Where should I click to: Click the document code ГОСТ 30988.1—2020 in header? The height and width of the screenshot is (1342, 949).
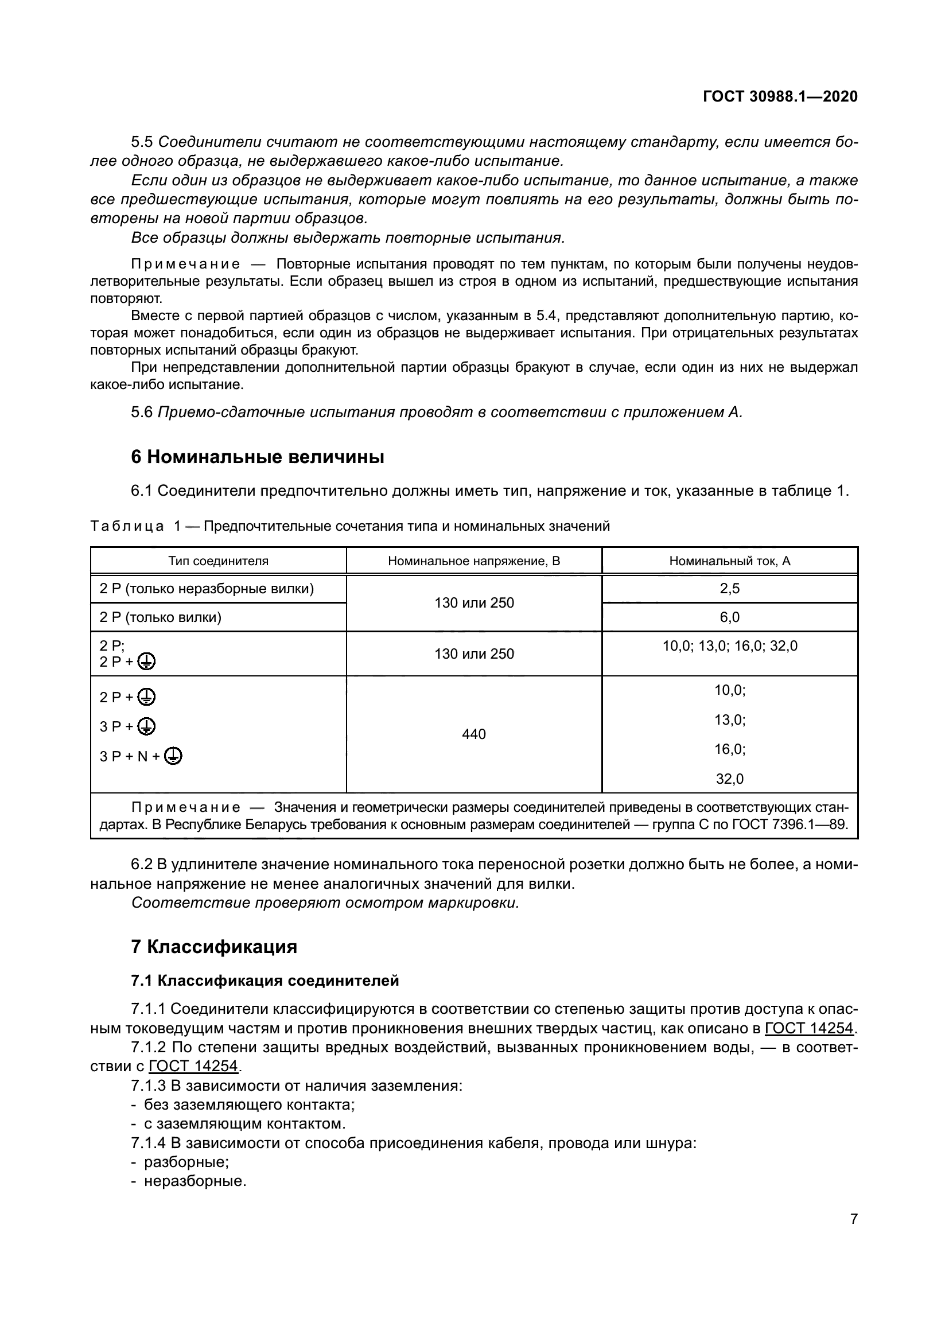point(780,97)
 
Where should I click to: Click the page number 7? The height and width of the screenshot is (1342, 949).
point(854,1219)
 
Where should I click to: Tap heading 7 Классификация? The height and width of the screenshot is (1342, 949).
point(214,946)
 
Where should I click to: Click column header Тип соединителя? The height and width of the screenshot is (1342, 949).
point(218,561)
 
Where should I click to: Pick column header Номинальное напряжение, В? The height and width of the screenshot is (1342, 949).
point(473,561)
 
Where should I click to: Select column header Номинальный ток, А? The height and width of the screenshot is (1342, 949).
point(729,561)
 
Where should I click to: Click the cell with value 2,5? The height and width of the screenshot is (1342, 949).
point(729,589)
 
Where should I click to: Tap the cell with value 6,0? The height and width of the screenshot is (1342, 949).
point(729,617)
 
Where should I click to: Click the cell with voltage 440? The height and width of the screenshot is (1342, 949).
point(473,734)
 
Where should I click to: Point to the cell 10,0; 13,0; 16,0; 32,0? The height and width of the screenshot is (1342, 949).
point(729,646)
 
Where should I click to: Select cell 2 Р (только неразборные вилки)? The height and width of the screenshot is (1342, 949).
point(207,589)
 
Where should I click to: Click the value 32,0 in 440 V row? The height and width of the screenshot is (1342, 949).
point(729,779)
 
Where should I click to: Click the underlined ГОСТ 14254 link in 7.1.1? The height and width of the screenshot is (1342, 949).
point(809,1028)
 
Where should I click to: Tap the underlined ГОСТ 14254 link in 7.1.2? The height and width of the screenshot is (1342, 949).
point(193,1066)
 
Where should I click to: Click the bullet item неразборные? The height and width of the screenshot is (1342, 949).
point(195,1181)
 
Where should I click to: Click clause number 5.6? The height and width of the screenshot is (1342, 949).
point(141,412)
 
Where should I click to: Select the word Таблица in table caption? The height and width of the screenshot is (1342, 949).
point(127,526)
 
